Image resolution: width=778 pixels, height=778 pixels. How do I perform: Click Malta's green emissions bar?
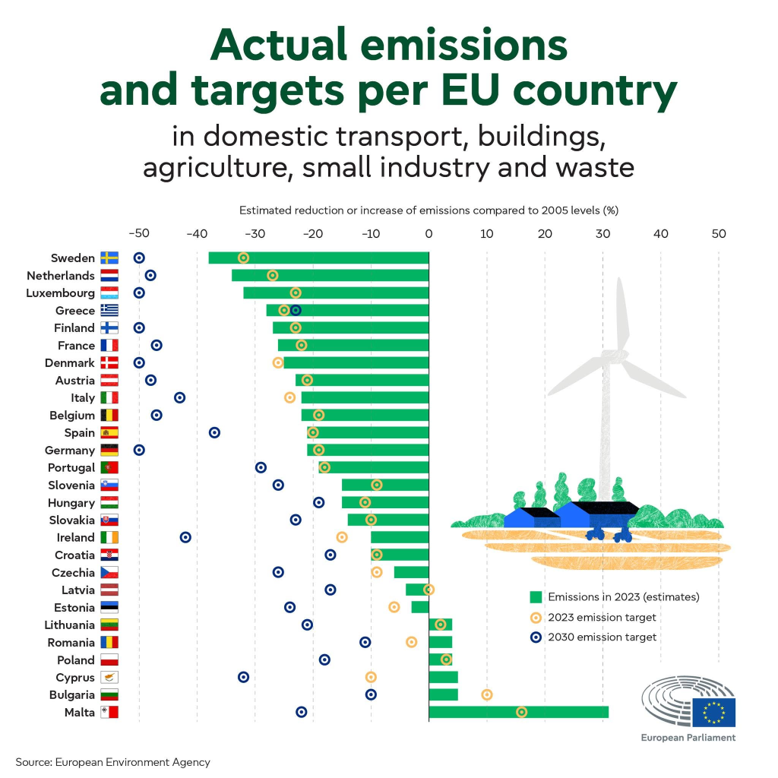(518, 712)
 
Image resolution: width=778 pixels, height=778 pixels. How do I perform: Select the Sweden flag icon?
(109, 258)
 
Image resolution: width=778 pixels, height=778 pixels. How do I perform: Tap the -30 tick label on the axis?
(255, 234)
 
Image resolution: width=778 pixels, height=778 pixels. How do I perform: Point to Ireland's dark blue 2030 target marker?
(185, 537)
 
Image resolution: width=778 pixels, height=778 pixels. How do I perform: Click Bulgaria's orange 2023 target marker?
(487, 694)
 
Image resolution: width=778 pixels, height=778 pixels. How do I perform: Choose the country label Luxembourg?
(60, 293)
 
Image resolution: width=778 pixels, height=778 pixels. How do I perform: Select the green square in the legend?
(536, 597)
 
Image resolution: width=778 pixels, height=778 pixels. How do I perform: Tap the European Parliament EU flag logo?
(714, 712)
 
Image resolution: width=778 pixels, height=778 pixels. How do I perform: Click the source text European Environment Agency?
(132, 762)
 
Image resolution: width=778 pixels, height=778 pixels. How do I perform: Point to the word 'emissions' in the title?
(464, 45)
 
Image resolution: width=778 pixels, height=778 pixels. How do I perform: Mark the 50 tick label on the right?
(719, 234)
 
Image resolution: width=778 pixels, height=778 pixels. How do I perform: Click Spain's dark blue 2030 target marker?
(214, 432)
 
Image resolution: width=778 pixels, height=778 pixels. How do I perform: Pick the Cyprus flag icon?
(109, 677)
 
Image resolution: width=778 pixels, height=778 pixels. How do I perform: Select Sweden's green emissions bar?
(318, 258)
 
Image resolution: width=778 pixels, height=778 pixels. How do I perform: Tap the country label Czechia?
(73, 573)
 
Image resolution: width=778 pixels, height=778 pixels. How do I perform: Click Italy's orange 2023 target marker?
(289, 397)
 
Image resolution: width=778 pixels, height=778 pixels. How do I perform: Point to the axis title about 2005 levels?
(429, 210)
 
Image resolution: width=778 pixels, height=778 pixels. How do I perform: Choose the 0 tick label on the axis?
(429, 234)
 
